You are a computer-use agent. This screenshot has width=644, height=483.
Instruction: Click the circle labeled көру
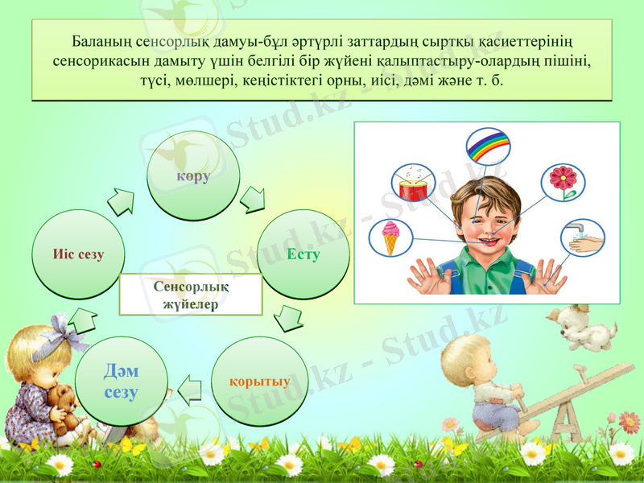[x=193, y=176]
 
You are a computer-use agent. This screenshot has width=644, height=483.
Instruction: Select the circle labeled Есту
[x=303, y=255]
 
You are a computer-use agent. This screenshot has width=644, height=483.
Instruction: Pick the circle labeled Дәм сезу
[x=121, y=382]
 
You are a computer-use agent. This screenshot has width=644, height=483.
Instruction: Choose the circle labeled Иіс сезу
[x=78, y=255]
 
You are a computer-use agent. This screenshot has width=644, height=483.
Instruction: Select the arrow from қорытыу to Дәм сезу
[x=190, y=389]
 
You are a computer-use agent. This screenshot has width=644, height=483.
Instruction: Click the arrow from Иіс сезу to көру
[x=122, y=201]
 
